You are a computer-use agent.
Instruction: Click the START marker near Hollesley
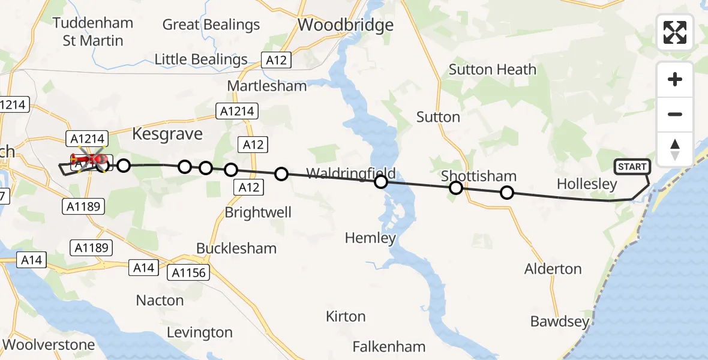[x=632, y=167]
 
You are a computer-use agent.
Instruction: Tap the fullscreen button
[x=675, y=32]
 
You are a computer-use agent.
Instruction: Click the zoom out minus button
[x=675, y=115]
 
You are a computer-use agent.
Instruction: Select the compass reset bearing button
[x=675, y=149]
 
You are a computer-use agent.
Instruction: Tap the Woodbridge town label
[x=346, y=25]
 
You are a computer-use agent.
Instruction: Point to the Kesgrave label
[x=167, y=133]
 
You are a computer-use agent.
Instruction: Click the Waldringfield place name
[x=351, y=174]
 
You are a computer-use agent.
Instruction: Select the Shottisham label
[x=479, y=176]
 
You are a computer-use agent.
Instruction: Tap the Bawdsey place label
[x=560, y=322]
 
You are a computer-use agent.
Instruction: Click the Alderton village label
[x=553, y=269]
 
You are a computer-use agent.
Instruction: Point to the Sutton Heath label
[x=493, y=70]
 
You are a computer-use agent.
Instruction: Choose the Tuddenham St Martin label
[x=93, y=32]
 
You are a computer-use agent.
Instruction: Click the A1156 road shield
[x=188, y=273]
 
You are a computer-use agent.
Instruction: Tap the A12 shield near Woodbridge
[x=277, y=60]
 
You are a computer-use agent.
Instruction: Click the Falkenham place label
[x=389, y=346]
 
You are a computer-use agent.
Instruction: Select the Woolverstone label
[x=49, y=344]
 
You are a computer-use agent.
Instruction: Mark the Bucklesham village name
[x=236, y=248]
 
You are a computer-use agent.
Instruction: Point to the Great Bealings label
[x=211, y=25]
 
